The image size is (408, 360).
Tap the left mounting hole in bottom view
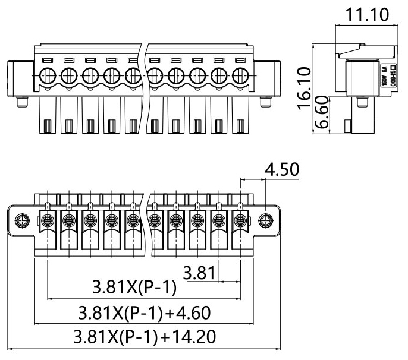coord(21,221)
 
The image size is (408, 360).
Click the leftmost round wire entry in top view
coord(47,76)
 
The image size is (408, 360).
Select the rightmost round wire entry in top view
coord(240,76)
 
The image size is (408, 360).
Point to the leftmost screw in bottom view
coord(47,221)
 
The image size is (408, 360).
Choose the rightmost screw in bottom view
coord(240,221)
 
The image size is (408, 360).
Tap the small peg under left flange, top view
coord(22,104)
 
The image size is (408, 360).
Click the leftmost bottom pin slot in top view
coord(47,127)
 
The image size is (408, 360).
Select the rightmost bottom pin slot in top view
coord(240,127)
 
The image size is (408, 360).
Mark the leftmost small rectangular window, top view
coord(47,60)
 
